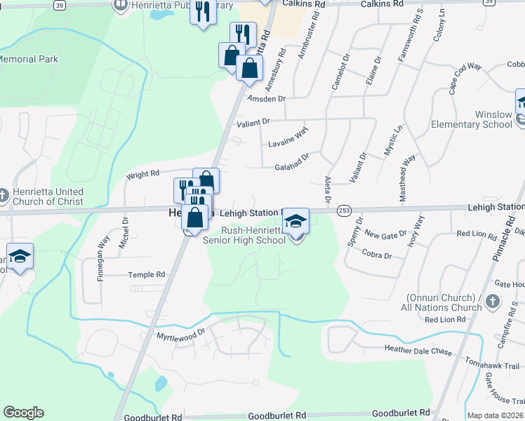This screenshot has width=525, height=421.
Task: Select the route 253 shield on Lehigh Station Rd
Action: click(x=344, y=210)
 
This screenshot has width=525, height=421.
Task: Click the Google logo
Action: click(x=23, y=413)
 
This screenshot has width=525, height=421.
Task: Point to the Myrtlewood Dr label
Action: click(x=180, y=335)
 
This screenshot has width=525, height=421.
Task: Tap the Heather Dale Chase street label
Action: click(x=418, y=349)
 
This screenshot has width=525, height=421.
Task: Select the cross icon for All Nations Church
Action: click(x=493, y=302)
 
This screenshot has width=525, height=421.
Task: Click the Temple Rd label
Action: click(x=146, y=274)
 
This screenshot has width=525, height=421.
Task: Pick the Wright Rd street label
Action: click(x=142, y=173)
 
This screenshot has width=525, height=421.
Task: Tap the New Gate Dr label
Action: click(x=386, y=234)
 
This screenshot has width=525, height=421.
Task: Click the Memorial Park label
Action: click(x=28, y=60)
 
